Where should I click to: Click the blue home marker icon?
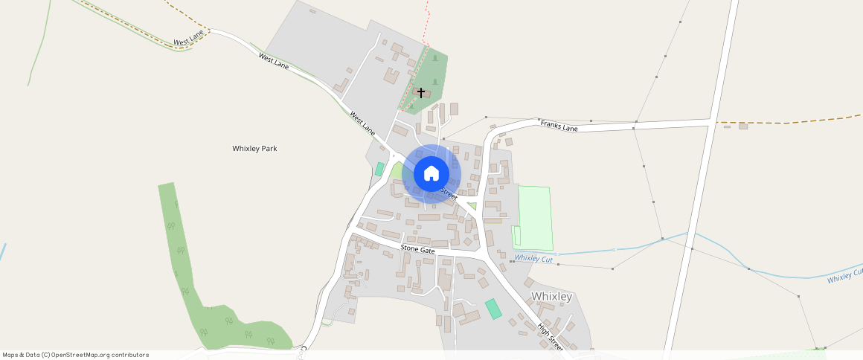pos(431,174)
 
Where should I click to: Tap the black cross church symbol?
pos(421,92)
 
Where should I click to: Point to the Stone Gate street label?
pos(417,250)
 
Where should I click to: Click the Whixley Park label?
pos(254,149)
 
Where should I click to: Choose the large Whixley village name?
pos(552,296)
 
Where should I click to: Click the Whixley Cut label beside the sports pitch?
pos(533,258)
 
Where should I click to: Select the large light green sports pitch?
pos(536,218)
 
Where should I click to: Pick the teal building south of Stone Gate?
pos(493,309)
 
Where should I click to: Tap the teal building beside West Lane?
pos(379,169)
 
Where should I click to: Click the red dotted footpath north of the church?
pos(427,19)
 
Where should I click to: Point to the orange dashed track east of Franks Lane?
pos(789,120)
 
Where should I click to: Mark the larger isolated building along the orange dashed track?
pos(742,126)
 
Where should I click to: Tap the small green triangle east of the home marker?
pos(472,206)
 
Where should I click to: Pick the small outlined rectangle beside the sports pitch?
pos(516,236)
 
